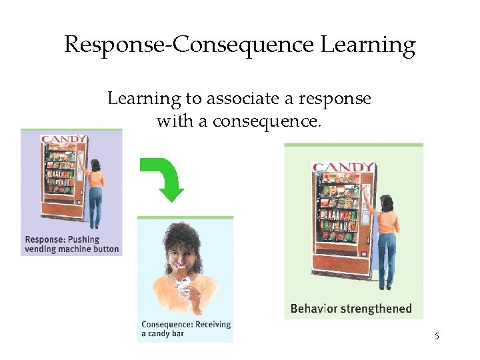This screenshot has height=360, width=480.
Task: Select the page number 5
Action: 437,336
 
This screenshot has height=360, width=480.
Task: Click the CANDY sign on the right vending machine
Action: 343,167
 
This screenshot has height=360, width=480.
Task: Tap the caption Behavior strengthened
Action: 351,309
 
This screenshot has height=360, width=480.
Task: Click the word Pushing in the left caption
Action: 83,239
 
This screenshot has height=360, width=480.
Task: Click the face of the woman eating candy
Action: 181,251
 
